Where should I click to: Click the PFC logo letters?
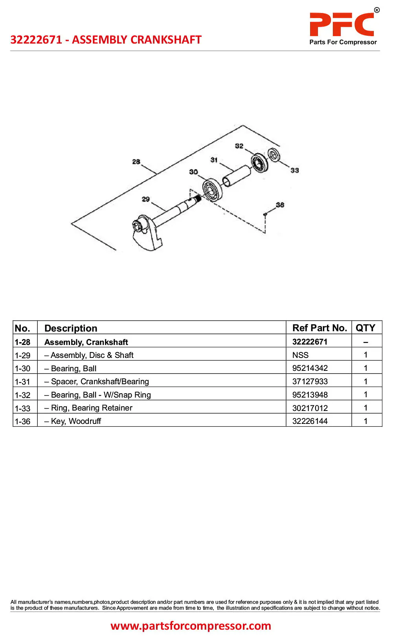[342, 24]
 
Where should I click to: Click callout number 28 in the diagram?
[136, 161]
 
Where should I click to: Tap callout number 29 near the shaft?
[146, 199]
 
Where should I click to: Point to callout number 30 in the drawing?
[193, 172]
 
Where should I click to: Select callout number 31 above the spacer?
[214, 160]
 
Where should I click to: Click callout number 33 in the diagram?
[294, 170]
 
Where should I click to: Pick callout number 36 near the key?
[280, 205]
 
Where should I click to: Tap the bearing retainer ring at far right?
[274, 155]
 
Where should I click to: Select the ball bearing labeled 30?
[212, 189]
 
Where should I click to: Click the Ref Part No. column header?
[320, 328]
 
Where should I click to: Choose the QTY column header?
[365, 328]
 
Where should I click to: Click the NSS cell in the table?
[300, 355]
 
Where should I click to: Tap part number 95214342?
[310, 368]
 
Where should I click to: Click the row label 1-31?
[22, 381]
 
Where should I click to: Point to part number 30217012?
[310, 408]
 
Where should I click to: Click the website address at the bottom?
[191, 625]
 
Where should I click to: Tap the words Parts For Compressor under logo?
[343, 42]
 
